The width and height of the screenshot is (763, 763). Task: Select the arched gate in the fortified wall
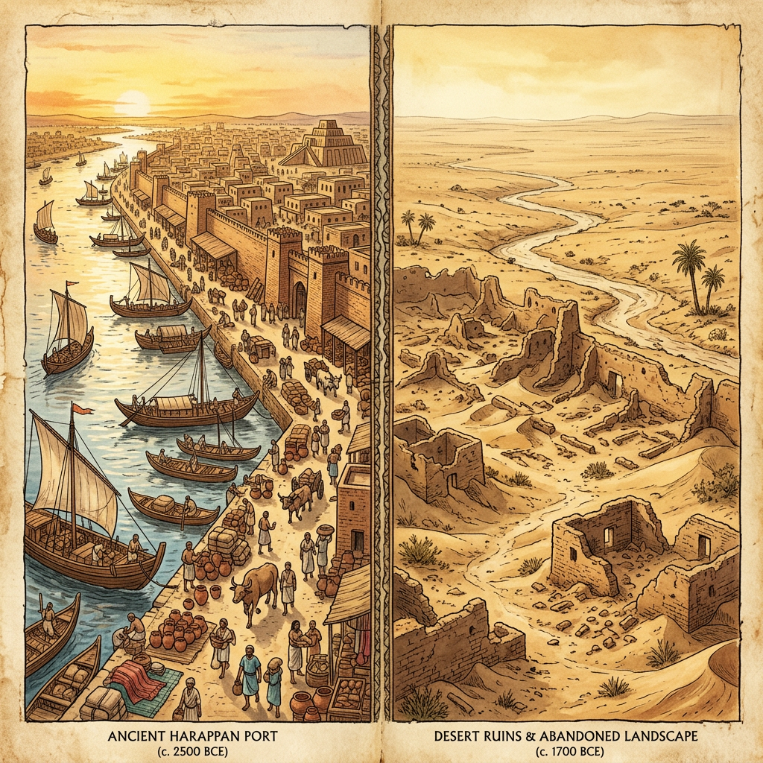pyautogui.click(x=300, y=299)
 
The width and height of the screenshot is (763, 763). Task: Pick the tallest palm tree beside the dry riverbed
pyautogui.click(x=689, y=268)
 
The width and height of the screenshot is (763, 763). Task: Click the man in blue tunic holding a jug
pyautogui.click(x=249, y=676)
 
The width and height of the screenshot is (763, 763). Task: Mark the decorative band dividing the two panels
pyautogui.click(x=381, y=373)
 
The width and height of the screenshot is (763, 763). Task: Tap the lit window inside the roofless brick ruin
pyautogui.click(x=608, y=536)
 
